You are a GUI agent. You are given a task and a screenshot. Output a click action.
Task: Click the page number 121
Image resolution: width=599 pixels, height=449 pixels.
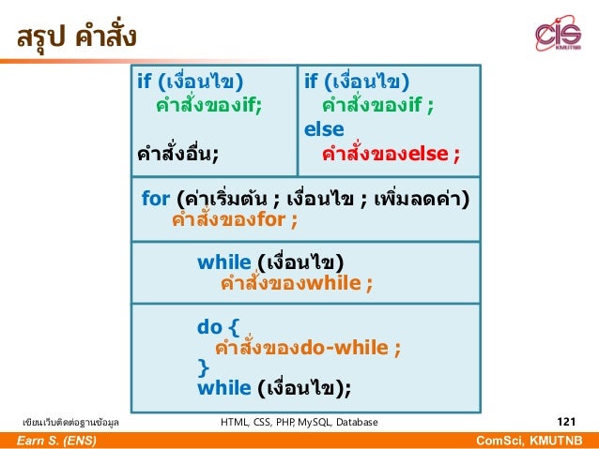[566, 422]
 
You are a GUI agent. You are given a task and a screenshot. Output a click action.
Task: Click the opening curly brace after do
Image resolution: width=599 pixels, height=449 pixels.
[234, 326]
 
